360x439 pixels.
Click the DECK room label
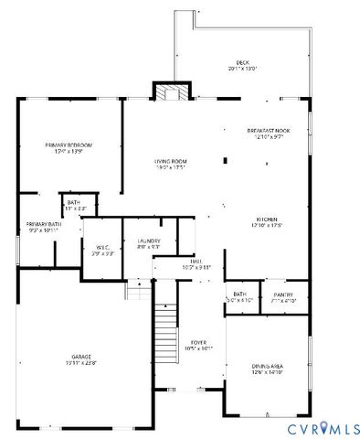coord(242,62)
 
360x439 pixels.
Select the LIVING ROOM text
coord(169,161)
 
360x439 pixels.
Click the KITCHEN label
coord(267,219)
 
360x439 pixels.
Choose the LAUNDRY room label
coord(148,241)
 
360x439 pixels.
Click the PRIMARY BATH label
coord(43,224)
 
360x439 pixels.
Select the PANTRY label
coord(283,294)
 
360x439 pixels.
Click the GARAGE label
coord(81,357)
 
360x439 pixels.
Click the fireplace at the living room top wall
coord(170,92)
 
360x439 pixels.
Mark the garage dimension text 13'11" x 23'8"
coord(81,363)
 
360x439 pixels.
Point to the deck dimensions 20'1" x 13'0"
coord(242,69)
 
